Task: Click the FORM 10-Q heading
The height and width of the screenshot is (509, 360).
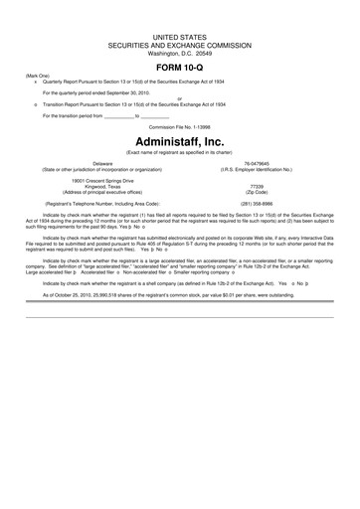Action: click(179, 65)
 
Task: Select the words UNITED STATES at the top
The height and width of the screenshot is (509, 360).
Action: click(179, 36)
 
